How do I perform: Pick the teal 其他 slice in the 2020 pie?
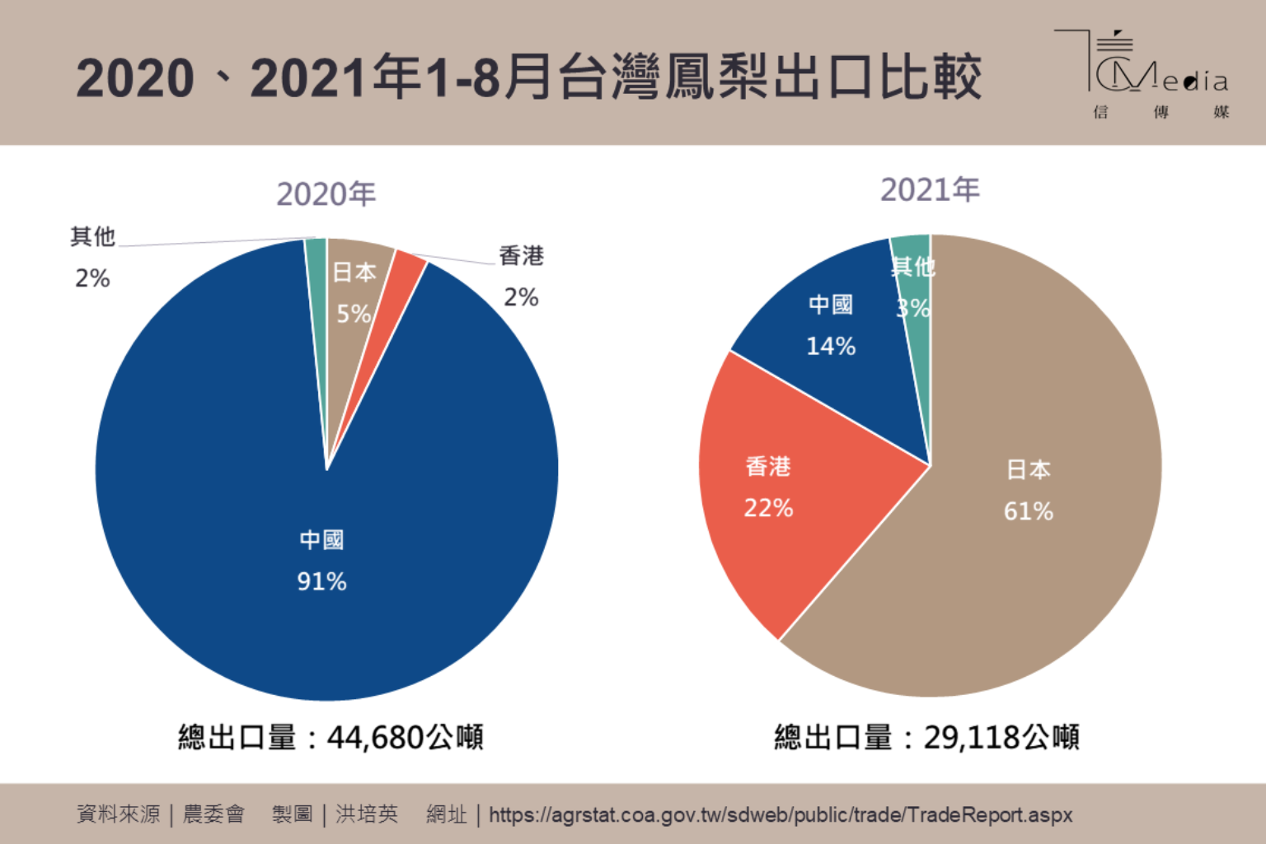pos(316,272)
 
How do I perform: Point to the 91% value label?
pos(321,581)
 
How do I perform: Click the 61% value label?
pos(1028,511)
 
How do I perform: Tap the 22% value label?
pos(768,508)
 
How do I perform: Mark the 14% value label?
pos(831,346)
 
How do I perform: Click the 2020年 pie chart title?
pos(326,194)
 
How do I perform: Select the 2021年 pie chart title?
pos(930,190)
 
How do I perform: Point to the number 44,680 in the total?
pos(376,737)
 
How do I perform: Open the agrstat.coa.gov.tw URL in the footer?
pos(780,815)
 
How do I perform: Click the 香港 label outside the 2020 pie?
pos(521,256)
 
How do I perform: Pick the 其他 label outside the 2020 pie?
pos(92,237)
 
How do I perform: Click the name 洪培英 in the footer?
pos(367,814)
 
